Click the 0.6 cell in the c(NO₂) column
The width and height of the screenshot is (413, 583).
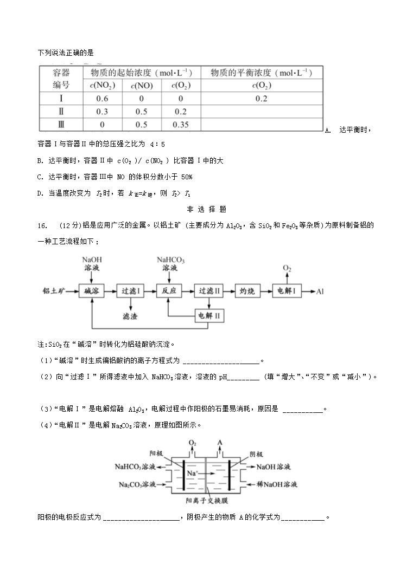102,99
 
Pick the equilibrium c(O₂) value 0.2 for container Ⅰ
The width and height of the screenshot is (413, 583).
262,99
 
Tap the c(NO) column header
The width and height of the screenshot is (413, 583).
142,86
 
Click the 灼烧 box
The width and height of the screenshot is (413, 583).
247,291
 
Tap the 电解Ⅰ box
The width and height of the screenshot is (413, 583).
286,291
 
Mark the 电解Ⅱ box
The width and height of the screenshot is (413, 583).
209,315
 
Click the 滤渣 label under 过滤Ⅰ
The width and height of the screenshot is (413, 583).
131,315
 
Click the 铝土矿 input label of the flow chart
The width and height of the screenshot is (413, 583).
54,291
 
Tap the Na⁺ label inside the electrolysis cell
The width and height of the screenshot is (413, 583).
193,473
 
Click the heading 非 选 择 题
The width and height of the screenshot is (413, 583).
206,209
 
